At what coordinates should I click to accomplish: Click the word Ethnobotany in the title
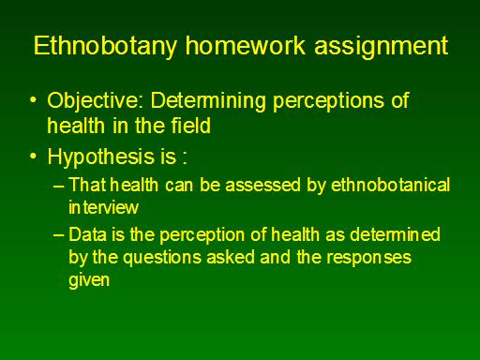click(x=105, y=46)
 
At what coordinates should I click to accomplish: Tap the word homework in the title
click(x=246, y=45)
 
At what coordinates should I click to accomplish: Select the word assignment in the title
click(x=382, y=47)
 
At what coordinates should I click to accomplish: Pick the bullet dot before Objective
click(x=33, y=100)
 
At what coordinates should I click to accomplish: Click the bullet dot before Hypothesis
click(x=33, y=156)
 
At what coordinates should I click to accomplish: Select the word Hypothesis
click(x=101, y=157)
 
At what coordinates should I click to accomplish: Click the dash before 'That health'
click(x=59, y=186)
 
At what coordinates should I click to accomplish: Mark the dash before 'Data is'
click(x=59, y=235)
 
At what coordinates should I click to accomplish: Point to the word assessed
click(x=262, y=185)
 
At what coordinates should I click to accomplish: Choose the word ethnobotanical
click(x=390, y=185)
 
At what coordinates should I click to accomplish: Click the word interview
click(x=103, y=207)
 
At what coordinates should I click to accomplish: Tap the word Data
click(x=87, y=234)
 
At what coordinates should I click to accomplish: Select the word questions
click(x=162, y=259)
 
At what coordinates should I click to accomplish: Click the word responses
click(x=369, y=259)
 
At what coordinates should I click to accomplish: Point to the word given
click(x=89, y=279)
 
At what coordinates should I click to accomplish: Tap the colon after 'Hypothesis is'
click(x=185, y=157)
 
